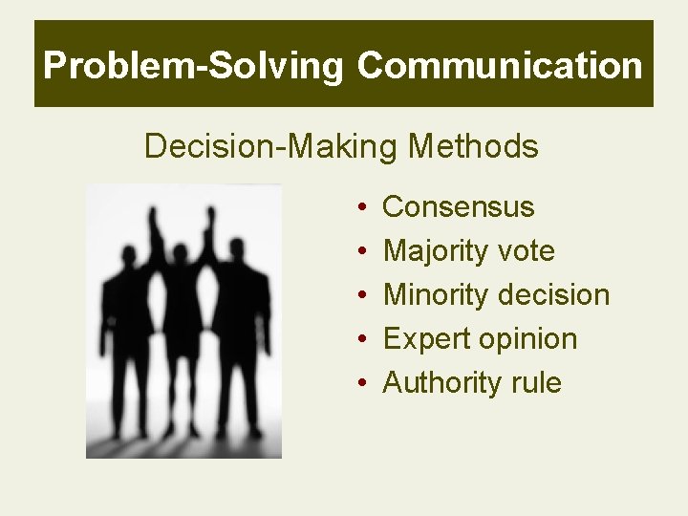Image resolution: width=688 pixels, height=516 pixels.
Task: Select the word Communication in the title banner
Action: click(500, 66)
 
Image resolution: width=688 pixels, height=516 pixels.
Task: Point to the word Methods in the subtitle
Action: click(473, 147)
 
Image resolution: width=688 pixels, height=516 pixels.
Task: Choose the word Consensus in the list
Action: click(458, 207)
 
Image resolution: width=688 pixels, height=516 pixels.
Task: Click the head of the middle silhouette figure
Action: click(179, 254)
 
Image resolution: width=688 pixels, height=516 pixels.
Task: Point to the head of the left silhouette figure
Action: click(125, 255)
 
